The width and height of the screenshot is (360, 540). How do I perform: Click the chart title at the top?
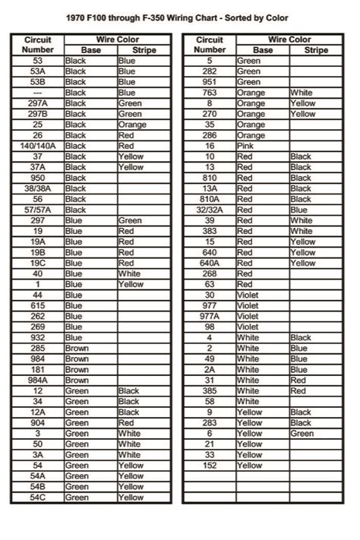179,17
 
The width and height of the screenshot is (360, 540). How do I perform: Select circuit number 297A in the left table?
37,103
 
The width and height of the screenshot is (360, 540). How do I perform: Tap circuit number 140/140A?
37,146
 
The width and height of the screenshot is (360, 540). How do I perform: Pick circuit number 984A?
37,380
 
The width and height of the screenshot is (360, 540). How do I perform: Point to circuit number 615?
37,305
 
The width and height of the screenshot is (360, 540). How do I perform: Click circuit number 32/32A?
210,210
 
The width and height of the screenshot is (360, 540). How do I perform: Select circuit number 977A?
210,316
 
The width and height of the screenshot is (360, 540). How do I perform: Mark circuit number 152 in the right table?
210,465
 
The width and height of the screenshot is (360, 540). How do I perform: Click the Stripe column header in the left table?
144,49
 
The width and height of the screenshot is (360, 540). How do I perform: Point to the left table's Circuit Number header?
37,44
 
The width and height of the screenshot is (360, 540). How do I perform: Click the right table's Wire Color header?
289,39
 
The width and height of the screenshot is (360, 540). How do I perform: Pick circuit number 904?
37,422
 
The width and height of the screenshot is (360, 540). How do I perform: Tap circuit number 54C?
37,497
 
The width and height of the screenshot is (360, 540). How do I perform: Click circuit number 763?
210,93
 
